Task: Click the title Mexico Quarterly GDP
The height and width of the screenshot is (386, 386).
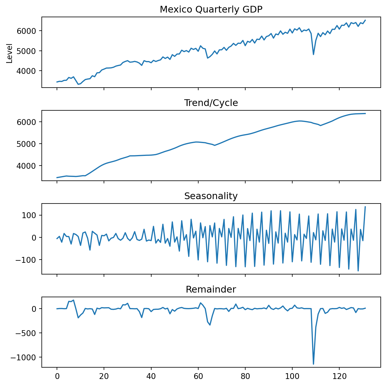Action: pyautogui.click(x=211, y=10)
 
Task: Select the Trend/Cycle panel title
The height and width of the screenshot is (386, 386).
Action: pyautogui.click(x=211, y=103)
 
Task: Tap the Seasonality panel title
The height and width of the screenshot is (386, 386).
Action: pyautogui.click(x=211, y=196)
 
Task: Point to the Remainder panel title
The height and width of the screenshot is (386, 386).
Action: pyautogui.click(x=211, y=289)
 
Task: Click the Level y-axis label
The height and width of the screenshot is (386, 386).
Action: pyautogui.click(x=10, y=53)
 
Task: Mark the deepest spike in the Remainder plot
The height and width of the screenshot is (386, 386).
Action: pyautogui.click(x=313, y=364)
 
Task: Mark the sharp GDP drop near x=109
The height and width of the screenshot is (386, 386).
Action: pyautogui.click(x=313, y=54)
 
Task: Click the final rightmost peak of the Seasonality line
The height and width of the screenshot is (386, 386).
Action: pyautogui.click(x=365, y=207)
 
